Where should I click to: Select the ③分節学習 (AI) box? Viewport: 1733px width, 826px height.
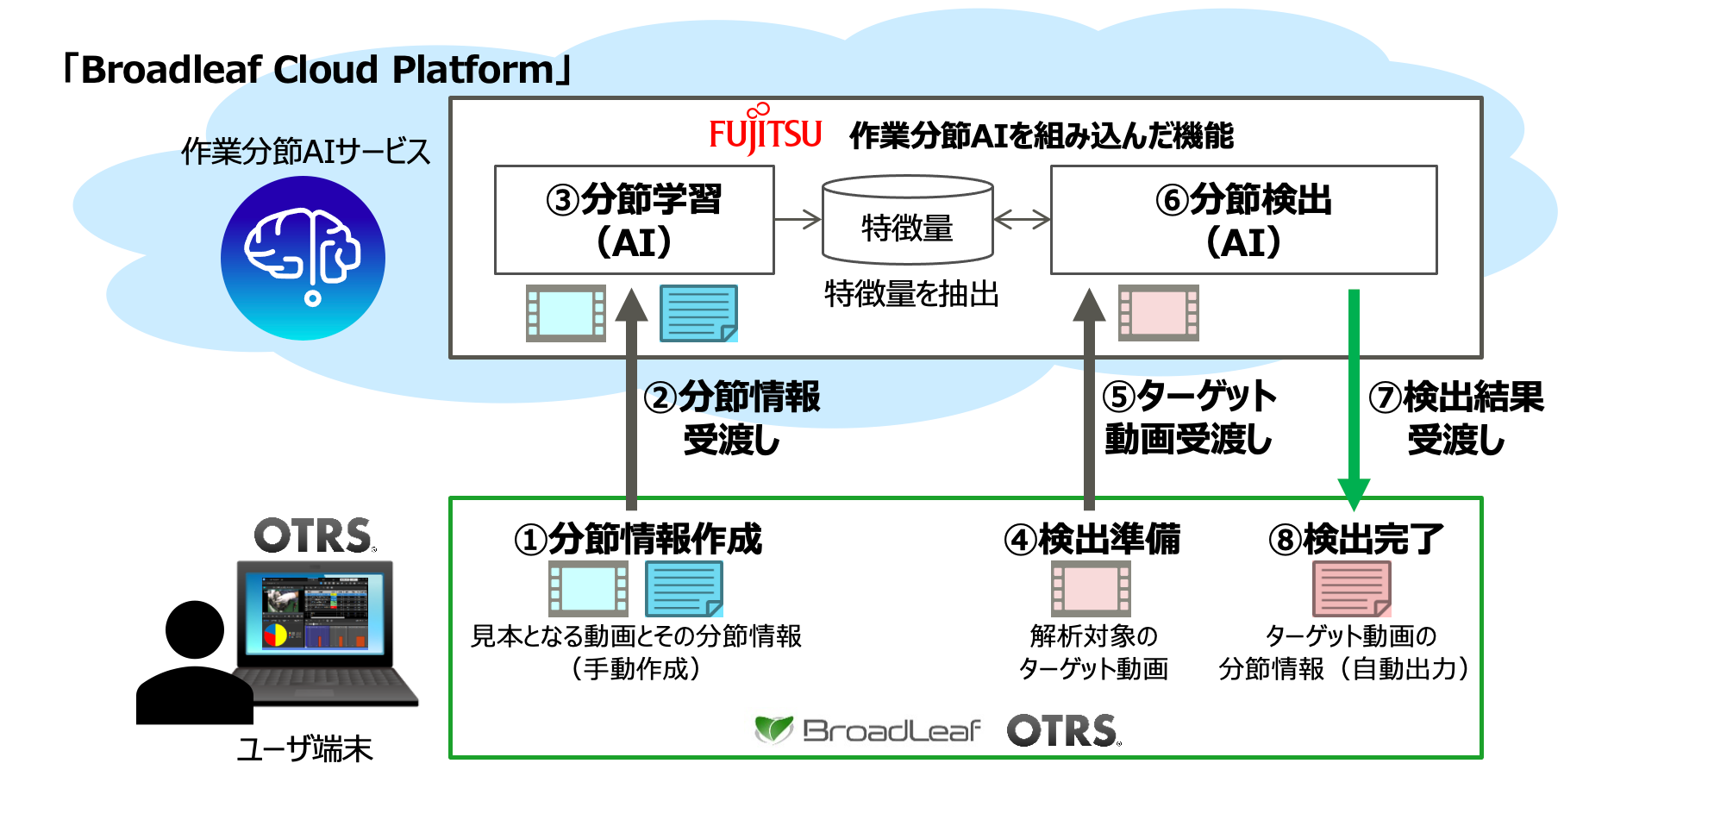(634, 220)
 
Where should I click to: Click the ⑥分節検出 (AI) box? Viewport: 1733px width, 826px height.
(1243, 220)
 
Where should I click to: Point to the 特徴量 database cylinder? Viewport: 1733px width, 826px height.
(907, 221)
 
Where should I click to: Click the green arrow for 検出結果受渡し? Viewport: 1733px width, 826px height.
(1354, 397)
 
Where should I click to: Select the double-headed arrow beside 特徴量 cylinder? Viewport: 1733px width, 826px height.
(1022, 220)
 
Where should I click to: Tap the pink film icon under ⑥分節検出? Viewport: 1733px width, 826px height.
(1158, 313)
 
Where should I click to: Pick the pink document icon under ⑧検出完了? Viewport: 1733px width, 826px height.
(1351, 588)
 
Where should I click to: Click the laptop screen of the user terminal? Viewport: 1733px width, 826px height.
(315, 612)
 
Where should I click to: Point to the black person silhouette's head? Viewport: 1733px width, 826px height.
(195, 629)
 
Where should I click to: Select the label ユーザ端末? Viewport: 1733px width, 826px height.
(304, 748)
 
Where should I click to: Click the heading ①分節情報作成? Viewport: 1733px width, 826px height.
(638, 539)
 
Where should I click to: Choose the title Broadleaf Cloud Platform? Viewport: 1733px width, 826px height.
(317, 70)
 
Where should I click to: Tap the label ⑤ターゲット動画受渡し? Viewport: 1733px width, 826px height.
(1188, 418)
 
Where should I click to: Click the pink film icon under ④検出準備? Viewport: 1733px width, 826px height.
(1091, 589)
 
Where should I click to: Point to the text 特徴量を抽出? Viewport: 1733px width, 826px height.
(911, 294)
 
